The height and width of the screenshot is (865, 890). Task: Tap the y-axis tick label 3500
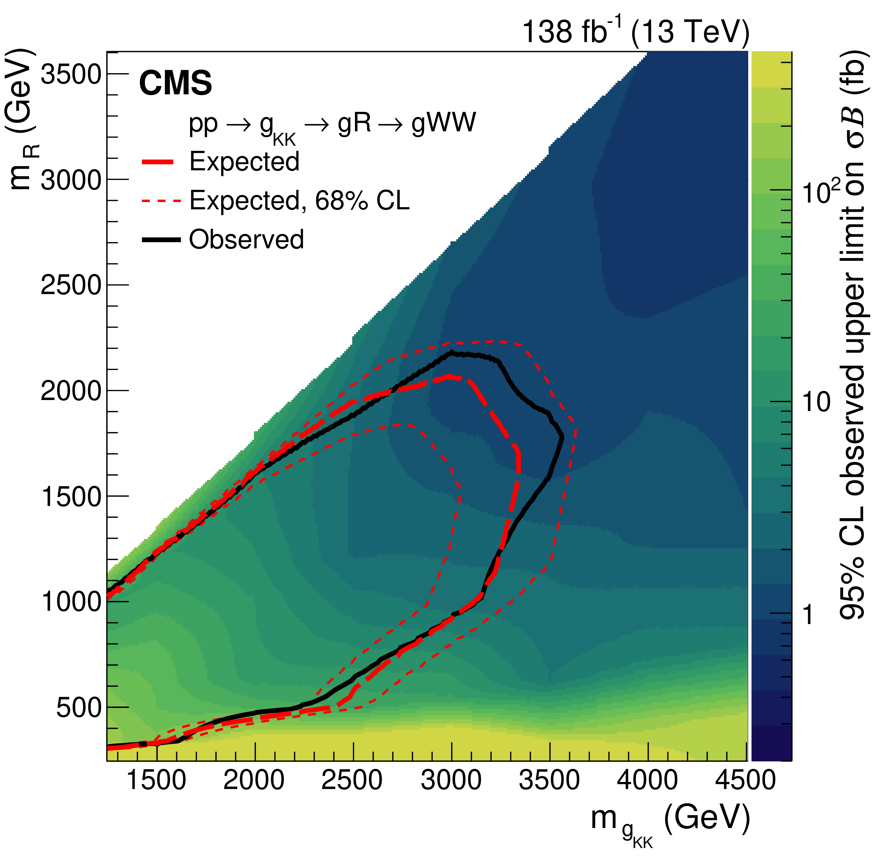click(x=70, y=74)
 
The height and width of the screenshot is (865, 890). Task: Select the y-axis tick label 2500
click(x=70, y=285)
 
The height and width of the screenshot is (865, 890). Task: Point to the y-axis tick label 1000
click(x=70, y=601)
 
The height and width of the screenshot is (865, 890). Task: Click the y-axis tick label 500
click(x=78, y=707)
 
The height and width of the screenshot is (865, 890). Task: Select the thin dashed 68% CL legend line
click(x=161, y=201)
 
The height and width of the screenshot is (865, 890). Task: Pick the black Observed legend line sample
click(x=161, y=240)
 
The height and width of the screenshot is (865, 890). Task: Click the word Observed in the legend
click(x=246, y=240)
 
